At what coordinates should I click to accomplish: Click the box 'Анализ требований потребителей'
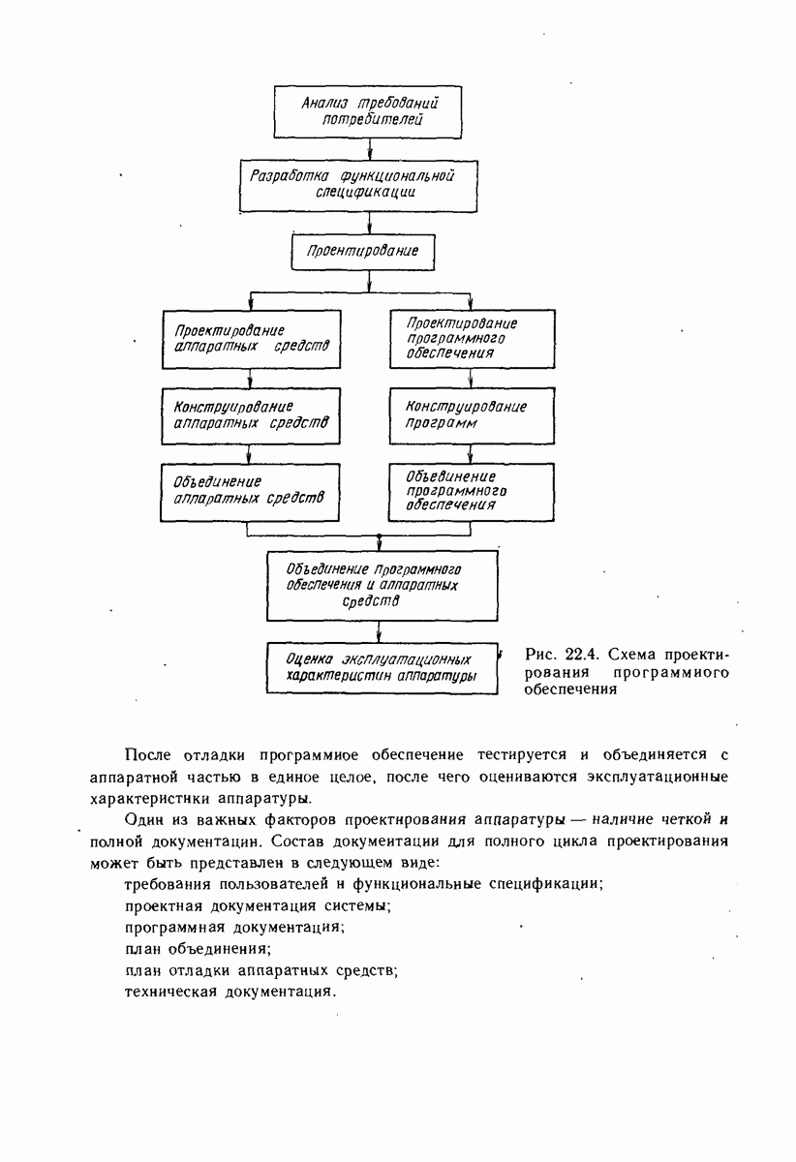click(x=371, y=112)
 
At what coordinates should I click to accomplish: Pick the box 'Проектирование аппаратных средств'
click(x=252, y=338)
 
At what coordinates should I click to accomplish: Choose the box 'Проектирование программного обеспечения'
click(x=472, y=338)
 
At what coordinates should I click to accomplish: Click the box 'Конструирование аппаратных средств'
click(x=252, y=414)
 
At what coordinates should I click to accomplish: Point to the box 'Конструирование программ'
click(x=472, y=414)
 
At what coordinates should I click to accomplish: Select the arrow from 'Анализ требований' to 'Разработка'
click(x=372, y=149)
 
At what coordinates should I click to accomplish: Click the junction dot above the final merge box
click(x=379, y=535)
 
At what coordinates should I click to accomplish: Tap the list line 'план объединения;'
click(x=199, y=948)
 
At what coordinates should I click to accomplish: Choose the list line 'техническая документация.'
click(x=231, y=993)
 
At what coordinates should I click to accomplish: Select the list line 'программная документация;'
click(x=235, y=927)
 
